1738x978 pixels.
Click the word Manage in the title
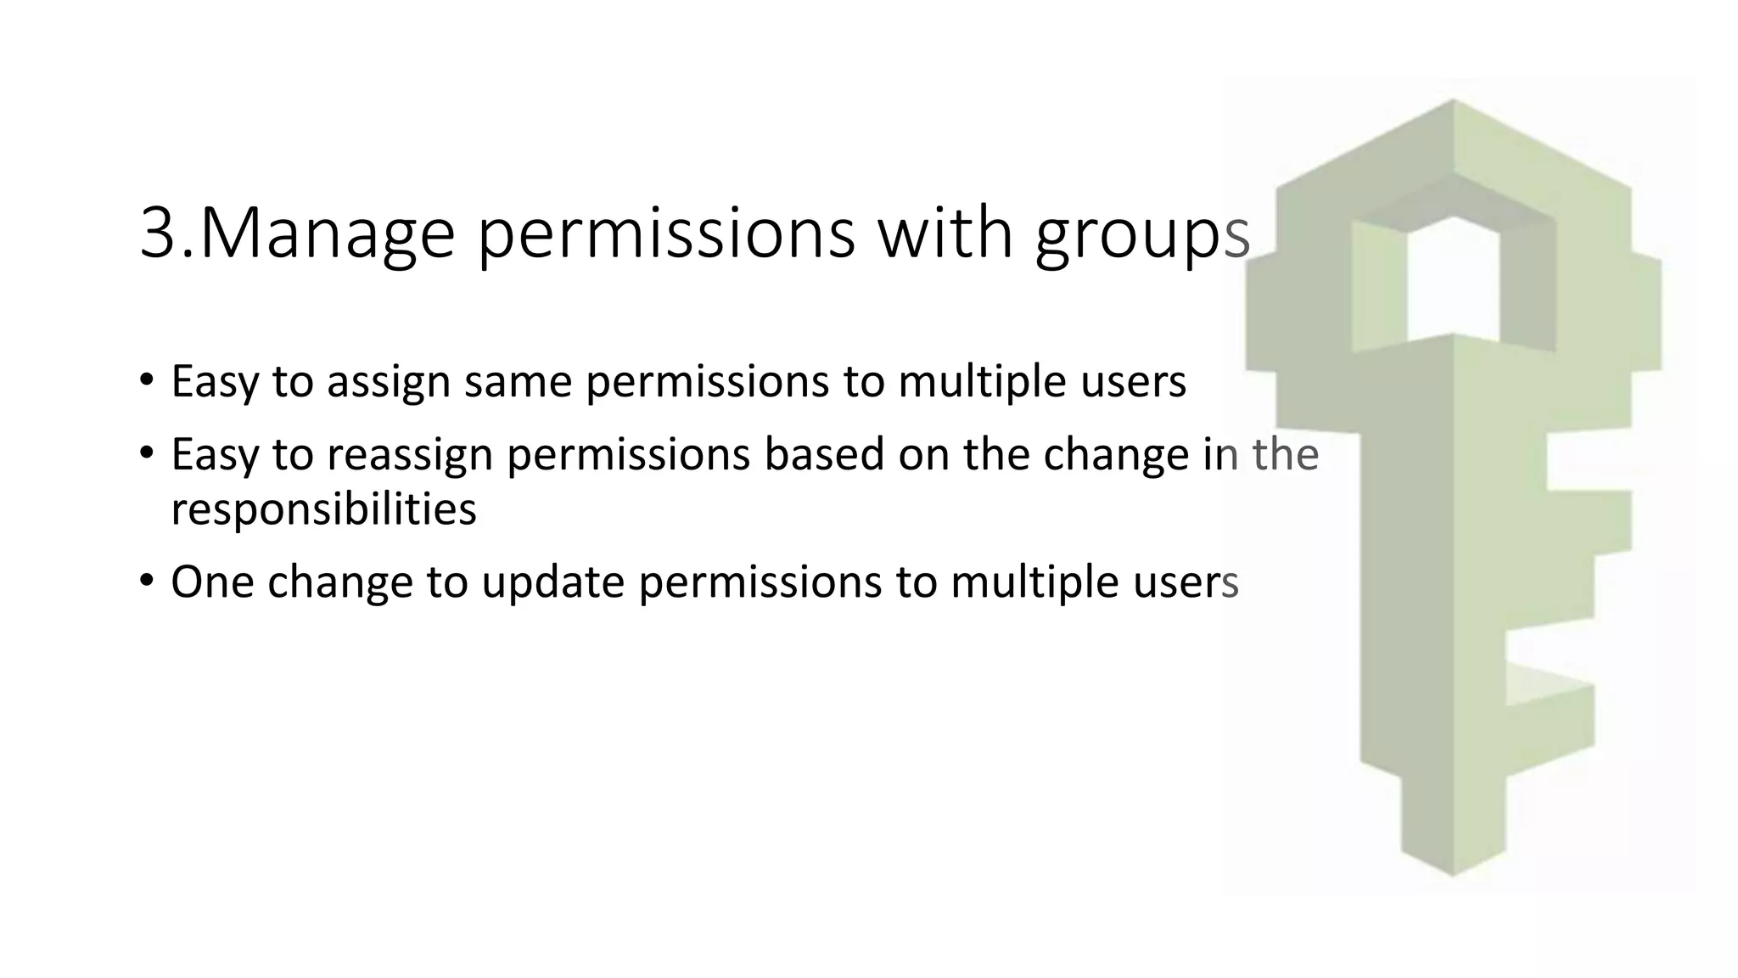(327, 233)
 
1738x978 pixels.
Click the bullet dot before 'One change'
(147, 582)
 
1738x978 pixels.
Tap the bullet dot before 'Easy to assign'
(147, 379)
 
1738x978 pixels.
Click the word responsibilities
(323, 509)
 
